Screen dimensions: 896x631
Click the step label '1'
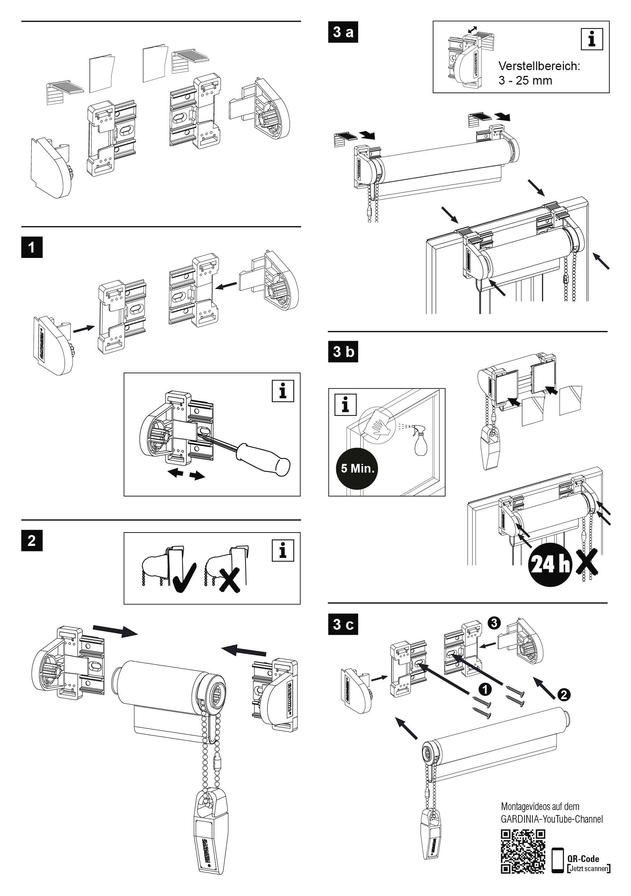coord(32,247)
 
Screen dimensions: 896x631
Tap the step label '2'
coord(32,540)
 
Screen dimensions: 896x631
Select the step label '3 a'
coord(343,31)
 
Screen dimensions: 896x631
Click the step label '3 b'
coord(343,352)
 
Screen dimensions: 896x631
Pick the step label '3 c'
coord(343,624)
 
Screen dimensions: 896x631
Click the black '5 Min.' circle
coord(357,468)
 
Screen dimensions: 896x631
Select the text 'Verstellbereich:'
coord(539,66)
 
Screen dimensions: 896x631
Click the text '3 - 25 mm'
coord(525,81)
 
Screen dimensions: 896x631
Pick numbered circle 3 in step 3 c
coord(494,623)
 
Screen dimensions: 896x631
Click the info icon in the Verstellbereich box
coord(592,39)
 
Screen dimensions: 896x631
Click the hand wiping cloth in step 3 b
coord(378,425)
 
